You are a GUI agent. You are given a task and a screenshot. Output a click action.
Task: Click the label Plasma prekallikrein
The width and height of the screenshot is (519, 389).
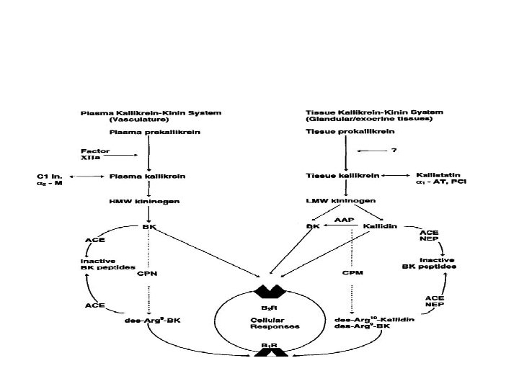(x=144, y=132)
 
